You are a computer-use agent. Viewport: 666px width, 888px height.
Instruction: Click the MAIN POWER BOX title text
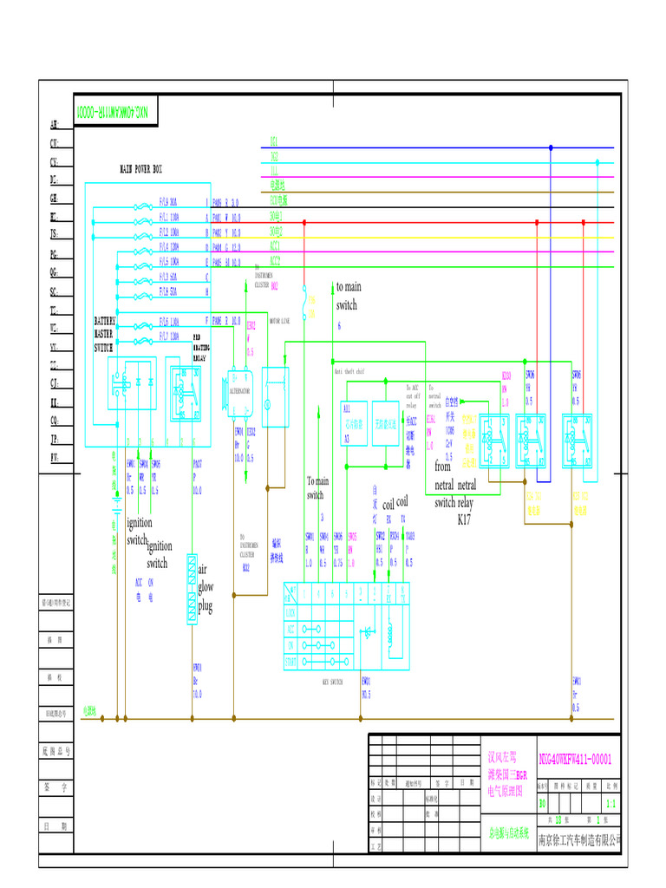(140, 169)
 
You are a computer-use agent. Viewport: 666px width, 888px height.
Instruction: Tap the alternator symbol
(238, 390)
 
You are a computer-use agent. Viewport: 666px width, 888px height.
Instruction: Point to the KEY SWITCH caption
(331, 682)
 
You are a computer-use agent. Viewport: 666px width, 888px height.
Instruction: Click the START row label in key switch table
(291, 662)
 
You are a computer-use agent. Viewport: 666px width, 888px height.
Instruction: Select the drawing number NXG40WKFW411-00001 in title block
(576, 759)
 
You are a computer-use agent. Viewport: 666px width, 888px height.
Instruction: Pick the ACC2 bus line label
(275, 259)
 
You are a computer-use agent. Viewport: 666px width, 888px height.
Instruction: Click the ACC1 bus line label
(275, 245)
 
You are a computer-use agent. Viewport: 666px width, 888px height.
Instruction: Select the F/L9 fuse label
(167, 201)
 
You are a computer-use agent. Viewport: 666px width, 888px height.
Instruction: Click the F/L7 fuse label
(168, 336)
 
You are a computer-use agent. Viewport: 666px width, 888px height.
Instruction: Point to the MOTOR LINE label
(283, 320)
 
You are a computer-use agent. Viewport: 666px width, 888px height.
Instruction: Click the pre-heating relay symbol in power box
(185, 393)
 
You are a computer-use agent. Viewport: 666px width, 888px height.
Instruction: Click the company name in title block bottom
(580, 839)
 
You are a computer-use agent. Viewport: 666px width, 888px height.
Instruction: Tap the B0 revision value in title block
(543, 804)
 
